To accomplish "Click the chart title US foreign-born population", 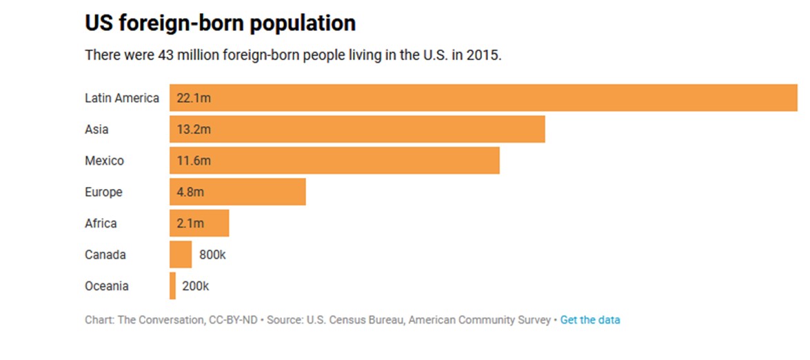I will [220, 23].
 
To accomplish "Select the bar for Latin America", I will [483, 98].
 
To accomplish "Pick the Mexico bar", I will [334, 161].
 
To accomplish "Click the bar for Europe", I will [237, 192].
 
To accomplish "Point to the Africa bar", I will [199, 223].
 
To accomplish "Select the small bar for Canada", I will [181, 254].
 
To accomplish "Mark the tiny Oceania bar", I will [172, 286].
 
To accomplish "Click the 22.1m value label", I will [194, 98].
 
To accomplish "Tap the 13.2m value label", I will [194, 130].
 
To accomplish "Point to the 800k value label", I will [212, 254].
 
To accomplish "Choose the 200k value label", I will [195, 286].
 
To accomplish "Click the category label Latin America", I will [122, 98].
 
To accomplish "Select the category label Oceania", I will [107, 286].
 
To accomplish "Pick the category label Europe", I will [103, 192].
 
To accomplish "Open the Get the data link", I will [590, 320].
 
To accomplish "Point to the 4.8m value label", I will [190, 192].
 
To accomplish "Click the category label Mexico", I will [105, 161].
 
